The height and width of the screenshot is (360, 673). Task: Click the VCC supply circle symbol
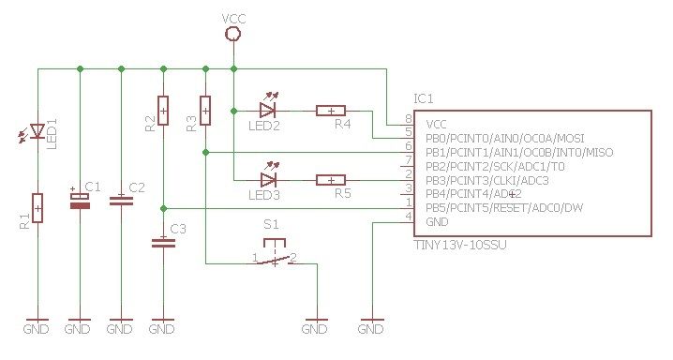point(233,34)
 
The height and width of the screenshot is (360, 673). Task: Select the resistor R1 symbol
point(38,205)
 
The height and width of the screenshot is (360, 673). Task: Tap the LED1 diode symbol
point(38,130)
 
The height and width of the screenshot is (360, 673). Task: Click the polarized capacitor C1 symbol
point(81,201)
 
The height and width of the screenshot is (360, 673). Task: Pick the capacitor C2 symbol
point(121,199)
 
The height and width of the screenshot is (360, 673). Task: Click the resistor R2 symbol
point(163,111)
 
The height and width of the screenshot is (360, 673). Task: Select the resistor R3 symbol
point(205,111)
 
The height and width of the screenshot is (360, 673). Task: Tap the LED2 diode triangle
point(268,111)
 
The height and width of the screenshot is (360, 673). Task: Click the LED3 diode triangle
point(268,179)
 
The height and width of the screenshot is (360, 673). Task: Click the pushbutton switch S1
point(274,257)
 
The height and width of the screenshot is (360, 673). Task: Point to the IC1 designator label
point(423,97)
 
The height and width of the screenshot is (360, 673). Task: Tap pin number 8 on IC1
point(408,119)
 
